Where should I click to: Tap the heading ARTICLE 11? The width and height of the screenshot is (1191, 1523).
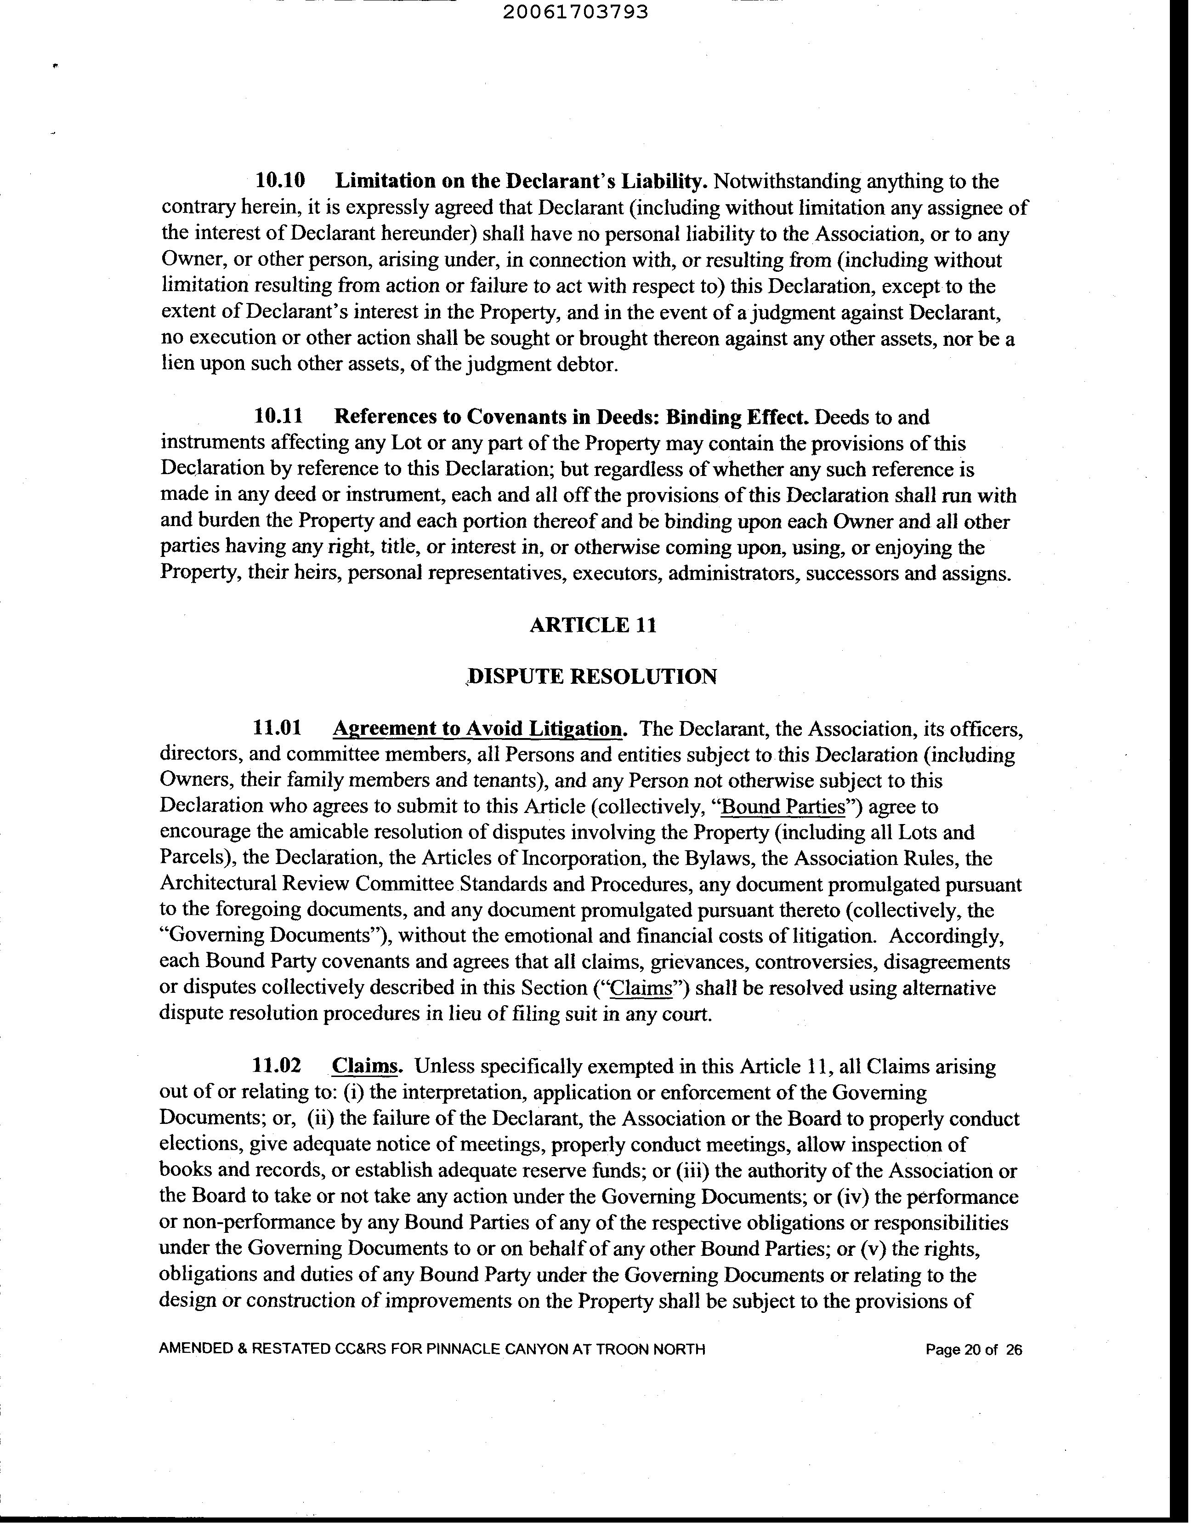click(593, 624)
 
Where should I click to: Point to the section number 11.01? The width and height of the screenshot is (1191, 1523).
click(278, 729)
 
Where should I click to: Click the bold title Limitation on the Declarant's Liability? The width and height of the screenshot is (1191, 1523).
click(522, 181)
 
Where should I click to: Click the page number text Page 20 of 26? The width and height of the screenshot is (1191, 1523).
click(974, 1369)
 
